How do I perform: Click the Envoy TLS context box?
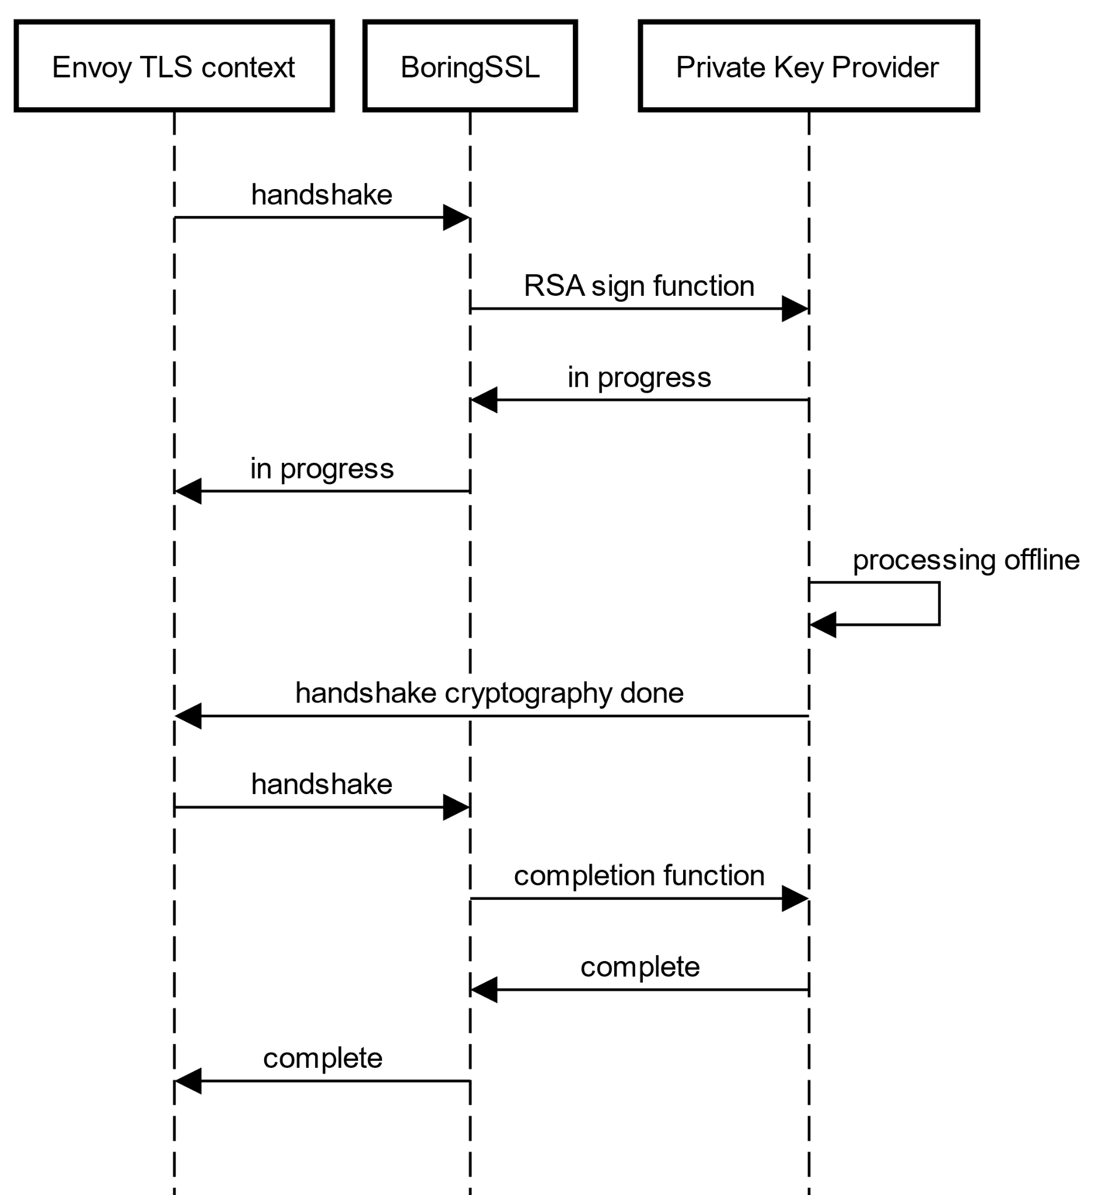[174, 66]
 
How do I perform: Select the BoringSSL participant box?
[470, 66]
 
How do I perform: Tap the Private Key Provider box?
[808, 66]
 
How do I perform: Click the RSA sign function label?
[639, 286]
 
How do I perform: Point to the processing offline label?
[965, 560]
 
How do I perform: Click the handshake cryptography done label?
[489, 693]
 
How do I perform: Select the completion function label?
[639, 875]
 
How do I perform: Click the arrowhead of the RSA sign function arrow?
[795, 309]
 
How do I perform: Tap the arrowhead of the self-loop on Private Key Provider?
[823, 625]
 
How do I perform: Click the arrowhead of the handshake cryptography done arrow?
[188, 716]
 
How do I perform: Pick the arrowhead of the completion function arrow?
[795, 899]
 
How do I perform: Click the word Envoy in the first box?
[91, 68]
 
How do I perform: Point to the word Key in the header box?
[799, 68]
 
